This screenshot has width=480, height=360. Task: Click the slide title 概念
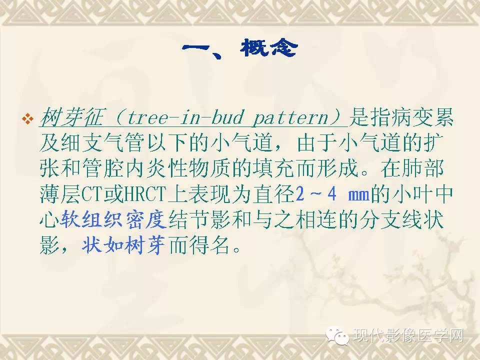click(x=269, y=48)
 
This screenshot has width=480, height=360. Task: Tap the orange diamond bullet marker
click(x=28, y=119)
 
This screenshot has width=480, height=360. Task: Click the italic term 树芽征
click(x=72, y=117)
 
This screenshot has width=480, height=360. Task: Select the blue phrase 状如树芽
click(x=123, y=245)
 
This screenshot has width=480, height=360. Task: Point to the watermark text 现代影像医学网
click(x=408, y=335)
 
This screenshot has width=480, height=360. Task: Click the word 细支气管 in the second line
click(x=102, y=143)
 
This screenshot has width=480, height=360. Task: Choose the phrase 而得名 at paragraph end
click(x=199, y=245)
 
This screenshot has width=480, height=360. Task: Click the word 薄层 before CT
click(x=60, y=194)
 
